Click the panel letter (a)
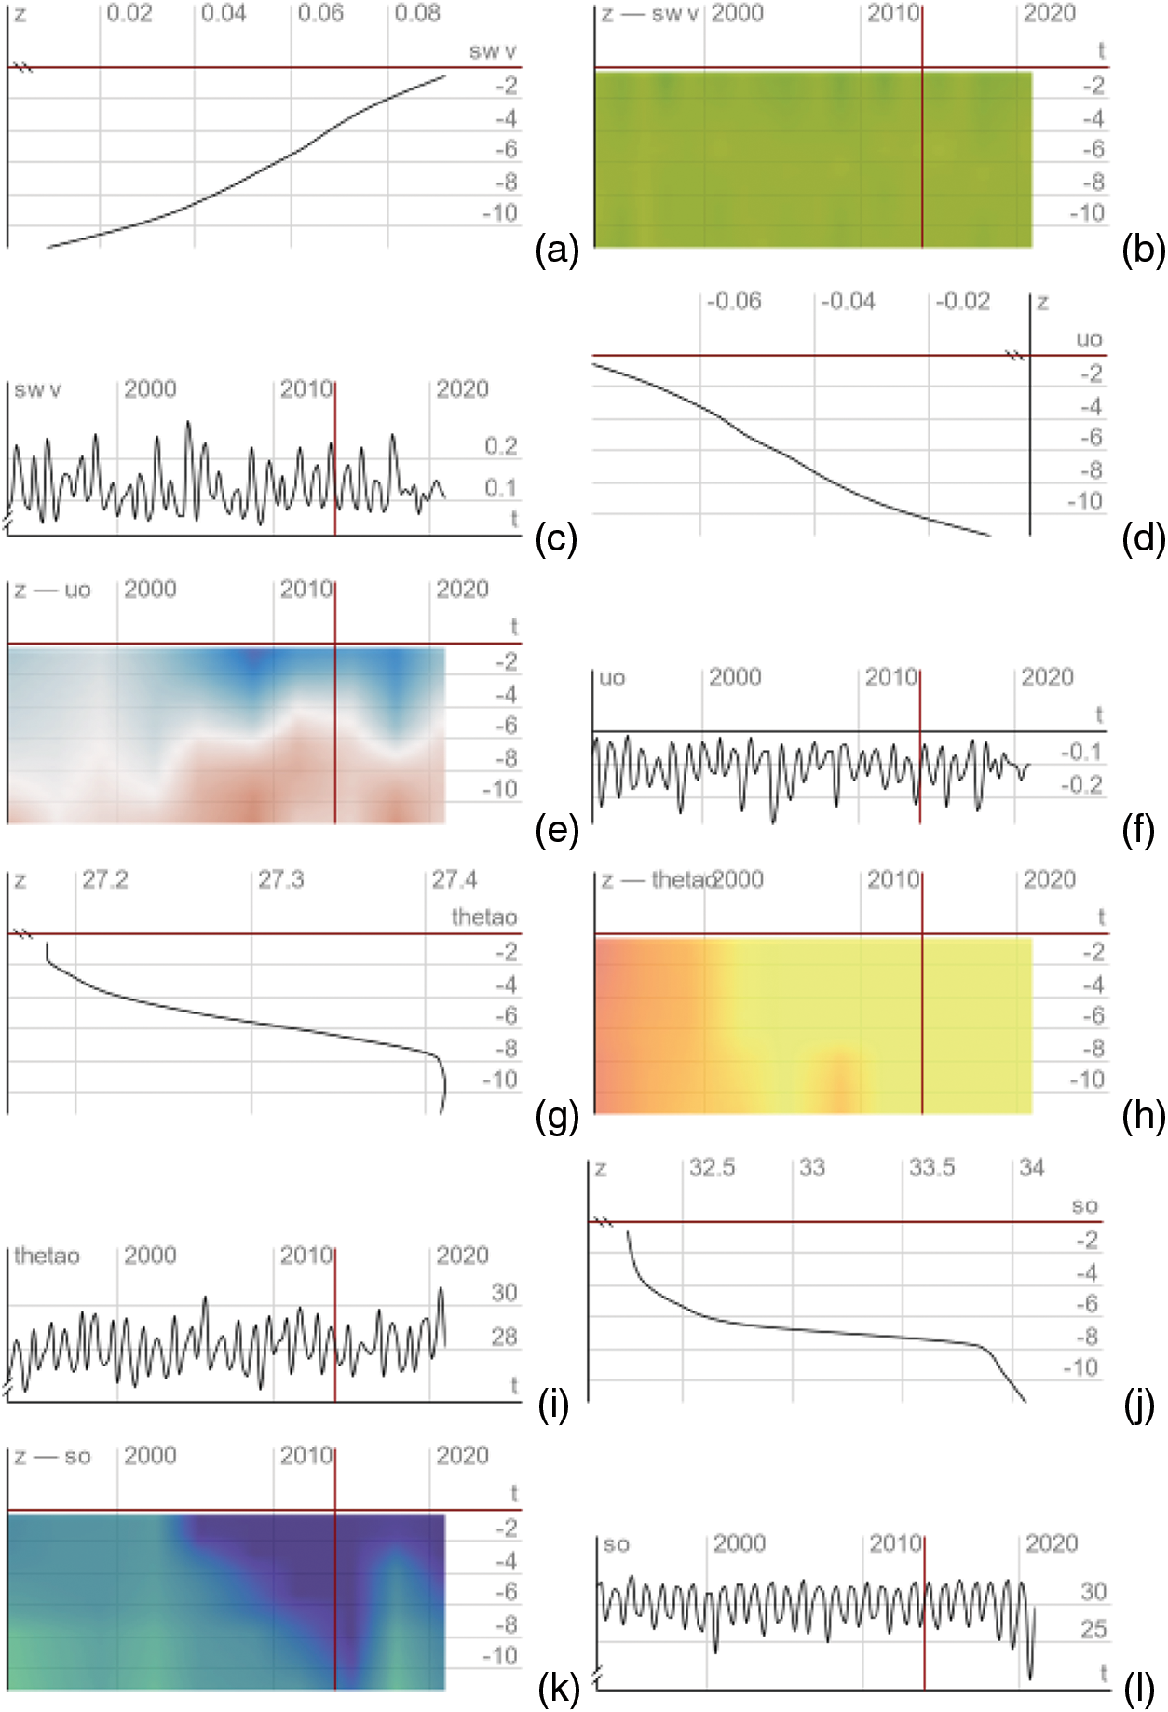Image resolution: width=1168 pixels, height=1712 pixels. click(x=557, y=251)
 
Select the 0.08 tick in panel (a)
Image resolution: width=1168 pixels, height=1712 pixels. click(x=417, y=14)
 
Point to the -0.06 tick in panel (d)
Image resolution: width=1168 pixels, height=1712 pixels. click(x=734, y=302)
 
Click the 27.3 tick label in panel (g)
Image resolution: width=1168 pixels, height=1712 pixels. click(x=280, y=880)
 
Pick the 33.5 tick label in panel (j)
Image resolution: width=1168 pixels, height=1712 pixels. click(x=931, y=1168)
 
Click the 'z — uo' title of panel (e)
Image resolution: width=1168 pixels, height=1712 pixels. click(x=52, y=590)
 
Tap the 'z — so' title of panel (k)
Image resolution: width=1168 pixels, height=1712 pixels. click(x=52, y=1456)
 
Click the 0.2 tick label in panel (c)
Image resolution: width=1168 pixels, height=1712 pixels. click(x=500, y=446)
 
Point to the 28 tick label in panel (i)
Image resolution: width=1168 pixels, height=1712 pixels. click(x=504, y=1338)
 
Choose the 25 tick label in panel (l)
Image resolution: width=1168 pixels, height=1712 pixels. click(x=1093, y=1630)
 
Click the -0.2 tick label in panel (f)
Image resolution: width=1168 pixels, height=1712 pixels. click(x=1081, y=785)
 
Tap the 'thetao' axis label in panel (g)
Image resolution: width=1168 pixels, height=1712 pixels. click(x=483, y=917)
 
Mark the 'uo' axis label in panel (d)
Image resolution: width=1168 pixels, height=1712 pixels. click(x=1089, y=340)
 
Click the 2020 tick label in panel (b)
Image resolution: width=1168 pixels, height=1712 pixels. click(x=1049, y=14)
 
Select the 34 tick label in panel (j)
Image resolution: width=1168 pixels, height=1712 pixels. click(x=1032, y=1168)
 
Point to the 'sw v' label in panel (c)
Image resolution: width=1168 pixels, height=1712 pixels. click(x=37, y=389)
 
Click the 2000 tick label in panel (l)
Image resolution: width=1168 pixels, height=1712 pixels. click(x=739, y=1544)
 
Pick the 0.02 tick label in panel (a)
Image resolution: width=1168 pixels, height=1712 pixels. click(x=129, y=14)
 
